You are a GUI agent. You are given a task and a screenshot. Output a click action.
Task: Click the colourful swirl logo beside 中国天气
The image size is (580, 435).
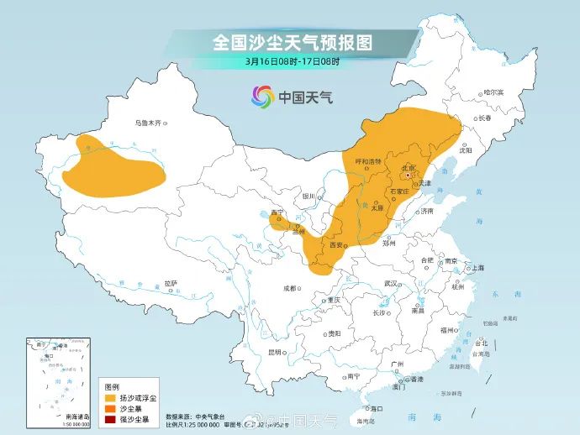[x=263, y=97]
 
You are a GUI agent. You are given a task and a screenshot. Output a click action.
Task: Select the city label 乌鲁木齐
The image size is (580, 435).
[x=147, y=123]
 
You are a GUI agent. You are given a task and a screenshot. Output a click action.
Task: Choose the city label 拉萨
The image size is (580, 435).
[x=171, y=283]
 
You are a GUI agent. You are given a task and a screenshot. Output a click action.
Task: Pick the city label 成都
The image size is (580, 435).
[x=290, y=288]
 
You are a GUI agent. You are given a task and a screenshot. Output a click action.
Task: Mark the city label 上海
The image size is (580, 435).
[x=477, y=267]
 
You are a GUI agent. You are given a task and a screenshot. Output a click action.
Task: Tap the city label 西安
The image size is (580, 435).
[x=336, y=244]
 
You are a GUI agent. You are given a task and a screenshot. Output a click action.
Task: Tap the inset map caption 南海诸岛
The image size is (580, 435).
[x=76, y=416]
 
